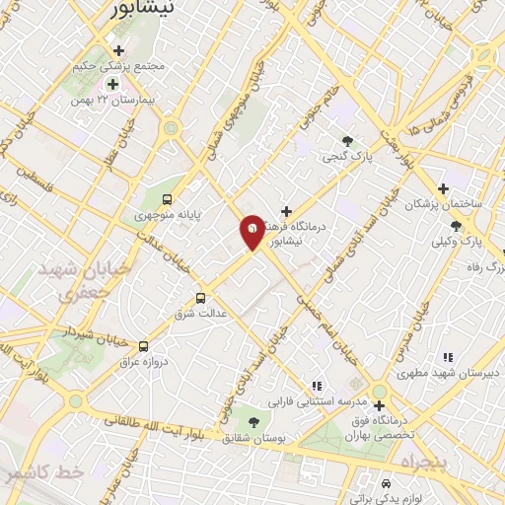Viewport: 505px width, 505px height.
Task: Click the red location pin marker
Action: tap(252, 231)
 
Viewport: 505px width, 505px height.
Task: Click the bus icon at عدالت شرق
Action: tap(201, 297)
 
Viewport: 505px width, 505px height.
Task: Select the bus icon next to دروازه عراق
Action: tap(144, 346)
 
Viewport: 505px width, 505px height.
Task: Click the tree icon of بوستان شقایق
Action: tap(253, 421)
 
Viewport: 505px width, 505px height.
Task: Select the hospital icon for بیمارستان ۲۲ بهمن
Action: tap(111, 84)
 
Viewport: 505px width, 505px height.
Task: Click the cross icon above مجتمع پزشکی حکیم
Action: tap(119, 50)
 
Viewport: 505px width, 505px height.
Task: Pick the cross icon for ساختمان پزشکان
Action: tap(443, 188)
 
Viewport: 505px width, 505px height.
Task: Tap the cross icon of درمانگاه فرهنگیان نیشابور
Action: tap(286, 210)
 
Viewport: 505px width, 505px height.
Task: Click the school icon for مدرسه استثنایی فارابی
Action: tap(316, 386)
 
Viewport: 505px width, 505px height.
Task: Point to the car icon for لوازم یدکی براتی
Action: tap(387, 484)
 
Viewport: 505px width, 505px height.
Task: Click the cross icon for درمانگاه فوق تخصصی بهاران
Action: tap(379, 404)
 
